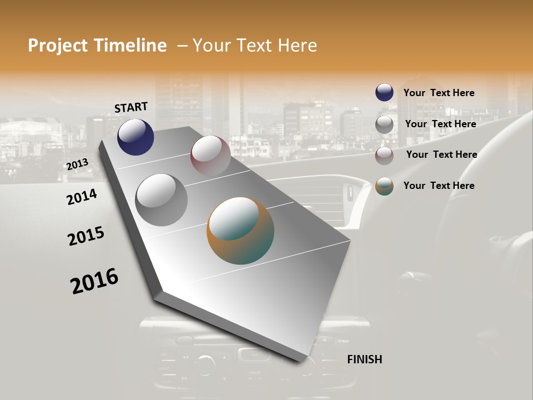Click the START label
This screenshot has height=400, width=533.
click(131, 107)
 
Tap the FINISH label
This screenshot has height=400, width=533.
click(365, 359)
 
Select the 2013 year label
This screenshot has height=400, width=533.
click(77, 164)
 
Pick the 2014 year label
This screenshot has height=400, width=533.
click(82, 197)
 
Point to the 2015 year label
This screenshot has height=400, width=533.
click(86, 236)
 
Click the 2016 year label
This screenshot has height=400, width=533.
click(94, 281)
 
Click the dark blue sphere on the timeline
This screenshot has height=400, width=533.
click(135, 137)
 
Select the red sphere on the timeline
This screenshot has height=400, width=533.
click(210, 156)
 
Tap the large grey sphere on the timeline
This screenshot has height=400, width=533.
click(161, 199)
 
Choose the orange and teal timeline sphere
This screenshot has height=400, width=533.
click(240, 231)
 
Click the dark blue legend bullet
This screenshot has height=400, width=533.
click(384, 93)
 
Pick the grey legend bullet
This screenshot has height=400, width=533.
click(384, 124)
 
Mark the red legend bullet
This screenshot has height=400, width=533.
click(384, 156)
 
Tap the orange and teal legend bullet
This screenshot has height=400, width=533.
click(384, 186)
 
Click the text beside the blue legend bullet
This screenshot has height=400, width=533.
click(439, 93)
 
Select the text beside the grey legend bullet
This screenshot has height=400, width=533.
click(440, 124)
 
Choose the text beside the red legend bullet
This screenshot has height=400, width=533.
click(441, 154)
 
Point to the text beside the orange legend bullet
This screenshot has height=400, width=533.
click(439, 186)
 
